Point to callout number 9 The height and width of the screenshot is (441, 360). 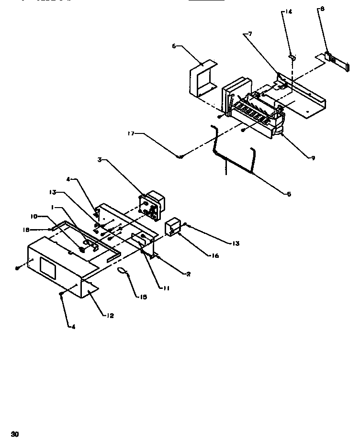pos(313,158)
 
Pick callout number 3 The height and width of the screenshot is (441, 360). pos(99,161)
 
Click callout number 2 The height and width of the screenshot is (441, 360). pos(189,274)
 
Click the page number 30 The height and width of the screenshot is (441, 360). pos(15,434)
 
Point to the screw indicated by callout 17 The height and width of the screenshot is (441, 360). pos(180,157)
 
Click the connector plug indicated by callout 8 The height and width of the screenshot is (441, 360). pos(335,59)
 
